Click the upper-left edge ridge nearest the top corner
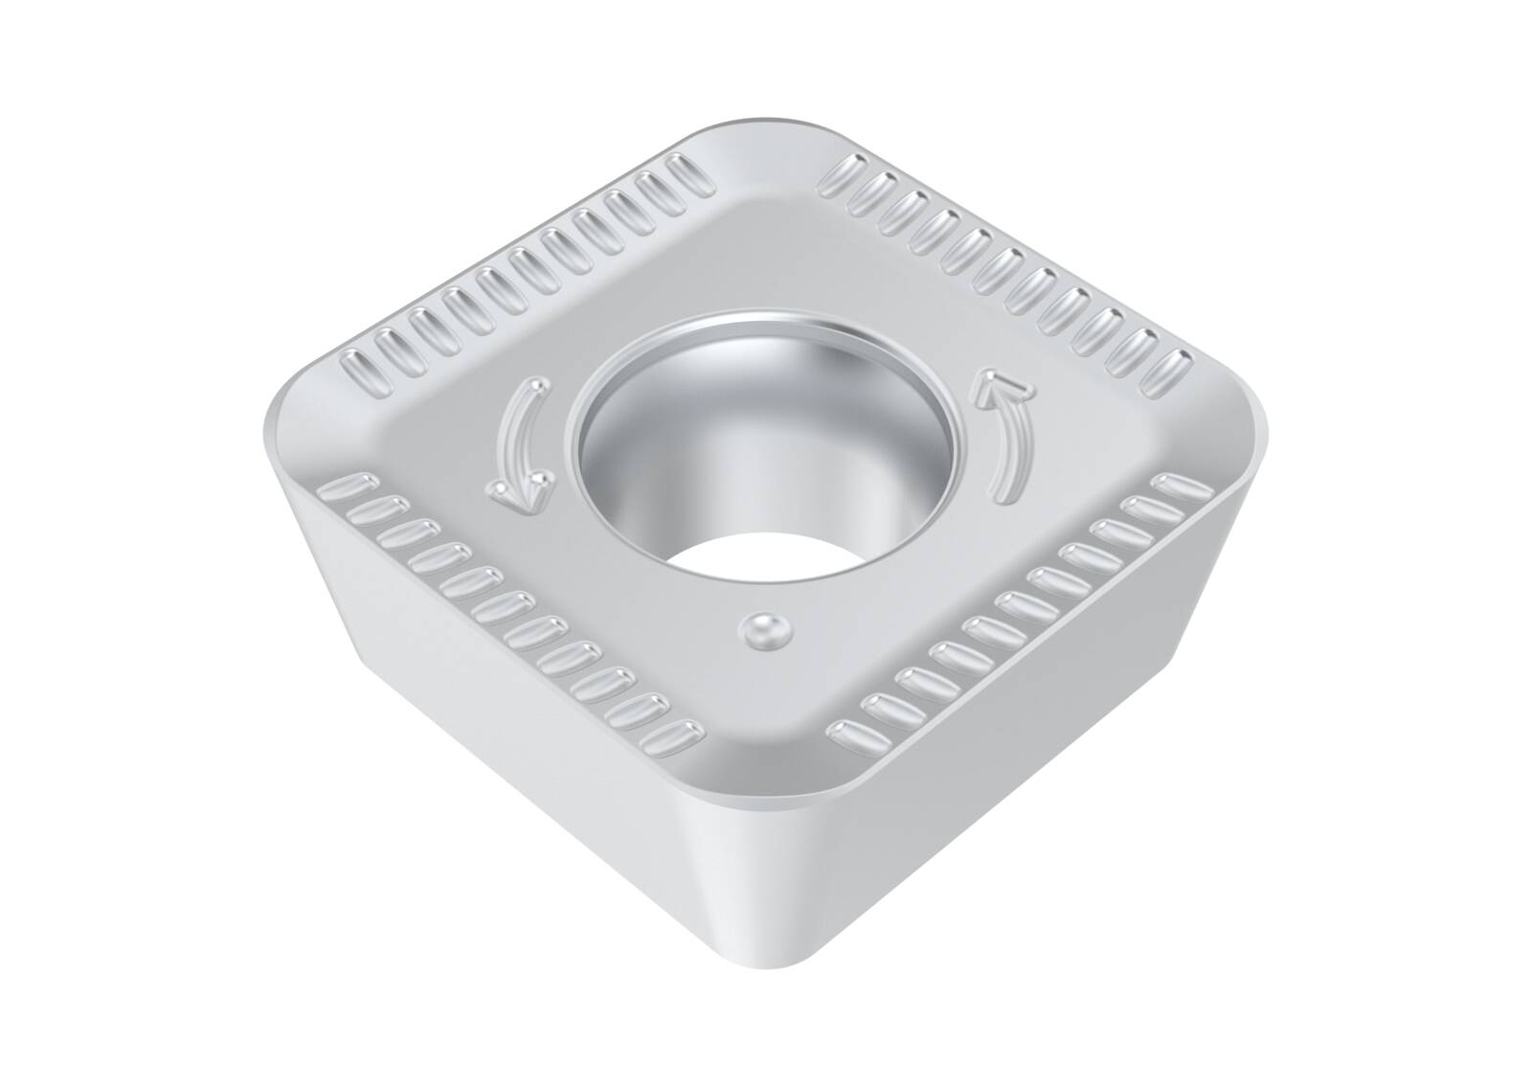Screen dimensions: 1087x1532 (x=686, y=172)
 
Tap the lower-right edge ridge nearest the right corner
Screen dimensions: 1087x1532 (x=1174, y=487)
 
